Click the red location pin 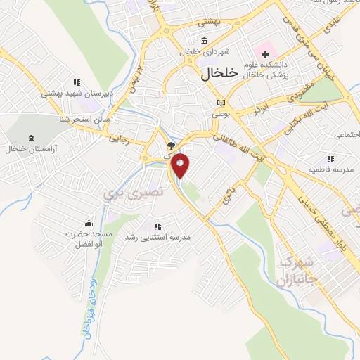click(181, 165)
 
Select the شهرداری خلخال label click(204, 52)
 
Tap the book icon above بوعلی click(220, 101)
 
